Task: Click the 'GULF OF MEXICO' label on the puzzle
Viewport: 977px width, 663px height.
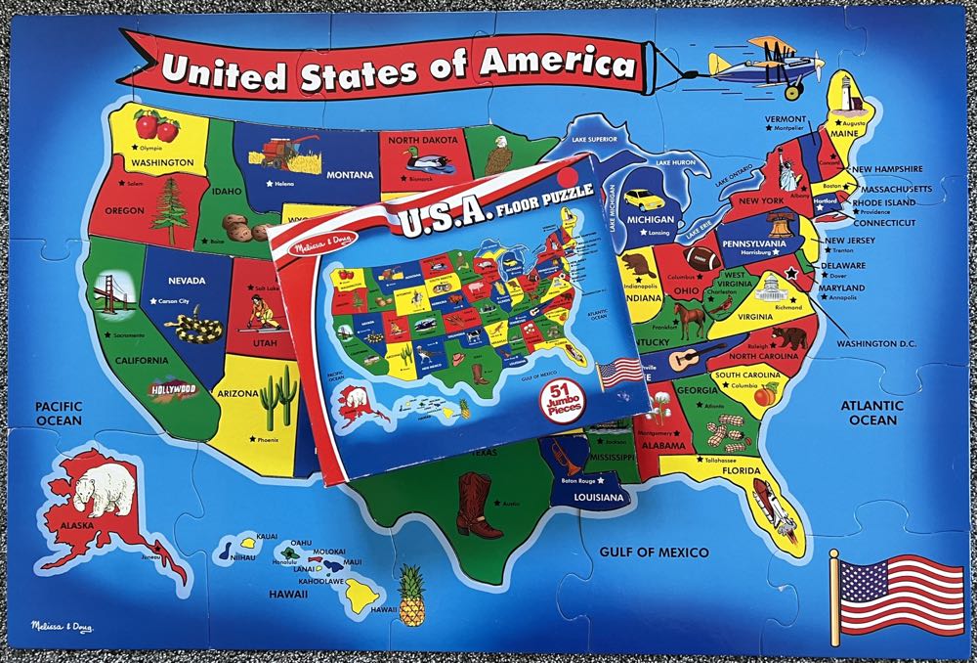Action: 654,552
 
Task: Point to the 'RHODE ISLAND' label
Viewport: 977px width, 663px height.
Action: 882,202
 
